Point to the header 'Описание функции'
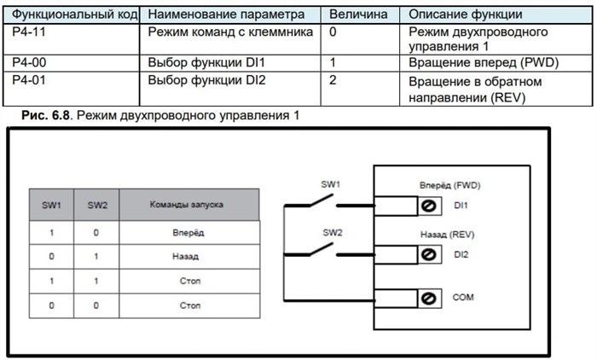point(465,15)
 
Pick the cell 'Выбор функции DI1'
point(207,63)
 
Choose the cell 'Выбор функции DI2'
point(207,79)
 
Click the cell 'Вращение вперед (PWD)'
point(477,63)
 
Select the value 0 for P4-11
point(333,32)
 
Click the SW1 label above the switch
point(330,184)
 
